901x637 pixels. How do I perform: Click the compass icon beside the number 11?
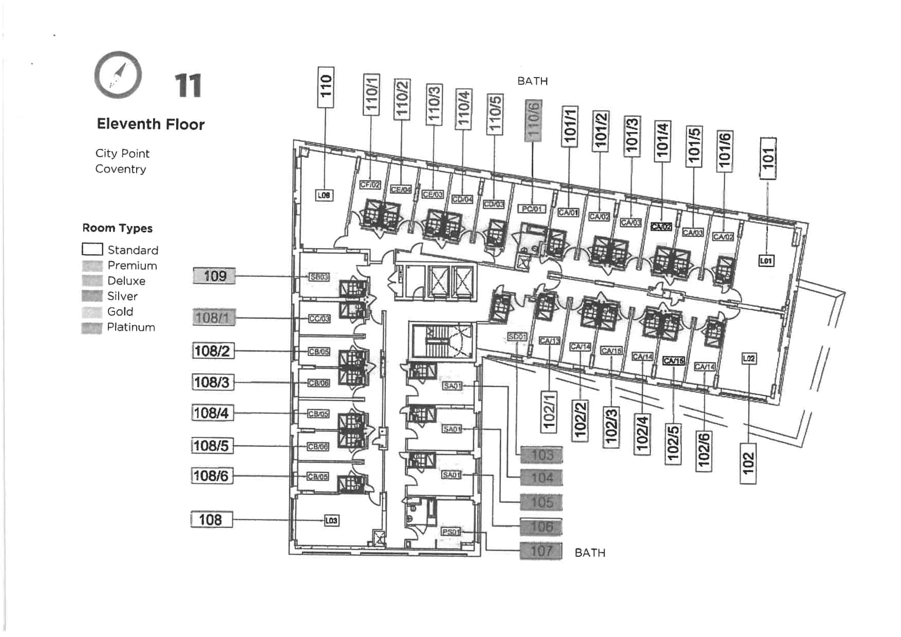(118, 75)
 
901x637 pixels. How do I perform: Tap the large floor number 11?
(188, 86)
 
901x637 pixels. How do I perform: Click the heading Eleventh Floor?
(151, 124)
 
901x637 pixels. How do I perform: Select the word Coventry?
(121, 169)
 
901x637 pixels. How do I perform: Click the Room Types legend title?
(117, 228)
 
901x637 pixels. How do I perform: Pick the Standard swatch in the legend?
(92, 250)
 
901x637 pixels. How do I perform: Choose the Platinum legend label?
(131, 327)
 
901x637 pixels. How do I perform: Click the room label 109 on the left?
(214, 276)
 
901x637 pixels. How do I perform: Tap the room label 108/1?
(214, 318)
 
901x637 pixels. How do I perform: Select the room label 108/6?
(212, 476)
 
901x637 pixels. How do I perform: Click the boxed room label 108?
(211, 520)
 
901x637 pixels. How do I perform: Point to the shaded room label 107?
(541, 551)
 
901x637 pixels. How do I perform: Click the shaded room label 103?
(541, 455)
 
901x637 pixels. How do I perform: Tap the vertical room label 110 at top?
(326, 87)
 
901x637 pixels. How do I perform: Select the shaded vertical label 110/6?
(533, 121)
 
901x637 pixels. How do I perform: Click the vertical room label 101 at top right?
(767, 158)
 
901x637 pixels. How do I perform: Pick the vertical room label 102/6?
(704, 451)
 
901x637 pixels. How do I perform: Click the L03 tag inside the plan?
(331, 520)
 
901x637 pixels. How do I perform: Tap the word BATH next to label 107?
(590, 553)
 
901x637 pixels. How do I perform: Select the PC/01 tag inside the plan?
(532, 209)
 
